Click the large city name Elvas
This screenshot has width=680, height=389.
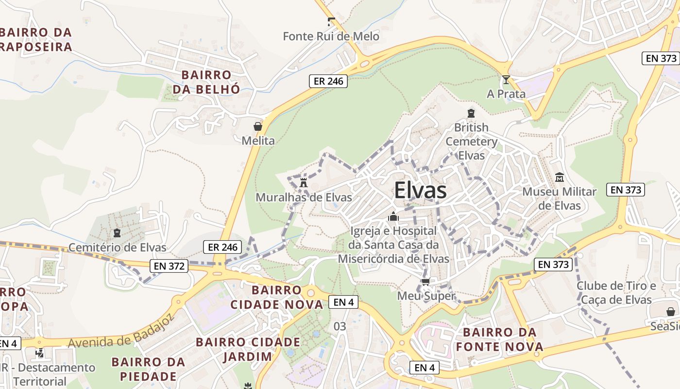point(420,191)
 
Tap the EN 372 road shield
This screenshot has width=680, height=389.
point(169,266)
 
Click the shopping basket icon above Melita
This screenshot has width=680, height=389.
point(258,126)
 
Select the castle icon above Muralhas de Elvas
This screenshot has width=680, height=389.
point(304,183)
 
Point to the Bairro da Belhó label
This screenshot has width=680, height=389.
point(206,82)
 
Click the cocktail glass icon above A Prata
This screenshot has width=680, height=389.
point(506,80)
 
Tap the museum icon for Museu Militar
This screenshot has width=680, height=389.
point(559,177)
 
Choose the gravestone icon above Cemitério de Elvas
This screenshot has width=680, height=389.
point(117,233)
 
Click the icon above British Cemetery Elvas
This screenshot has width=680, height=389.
point(470,113)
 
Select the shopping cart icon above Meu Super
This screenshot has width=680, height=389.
point(425,282)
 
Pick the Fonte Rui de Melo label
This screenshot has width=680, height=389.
point(331,36)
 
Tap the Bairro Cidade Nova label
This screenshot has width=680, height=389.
point(276,298)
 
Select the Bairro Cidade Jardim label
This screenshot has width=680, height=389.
point(248,349)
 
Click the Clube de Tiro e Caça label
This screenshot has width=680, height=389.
point(616,292)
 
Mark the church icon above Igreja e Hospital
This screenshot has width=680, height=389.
point(393,216)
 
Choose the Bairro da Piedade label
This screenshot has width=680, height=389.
point(148,369)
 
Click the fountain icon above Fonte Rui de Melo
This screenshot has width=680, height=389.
point(331,22)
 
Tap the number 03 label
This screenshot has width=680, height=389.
point(340,326)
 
